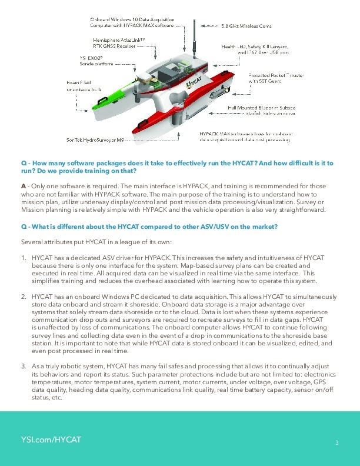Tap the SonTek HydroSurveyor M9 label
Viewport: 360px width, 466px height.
coord(94,140)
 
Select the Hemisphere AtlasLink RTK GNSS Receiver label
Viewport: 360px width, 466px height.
coord(119,42)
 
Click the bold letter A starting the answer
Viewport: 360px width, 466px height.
coord(24,186)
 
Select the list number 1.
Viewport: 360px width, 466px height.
coord(24,258)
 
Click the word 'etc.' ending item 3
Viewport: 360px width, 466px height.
coord(56,397)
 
